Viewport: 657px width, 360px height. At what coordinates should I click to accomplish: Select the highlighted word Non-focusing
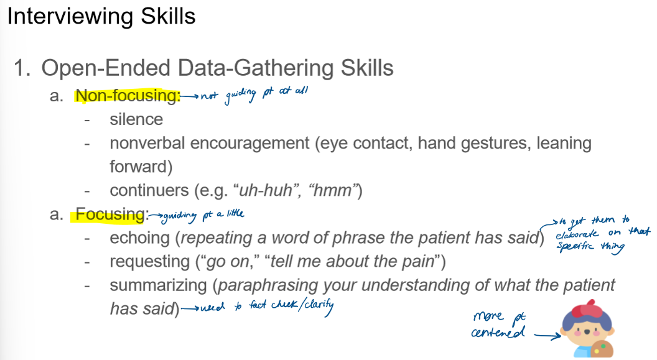tap(128, 96)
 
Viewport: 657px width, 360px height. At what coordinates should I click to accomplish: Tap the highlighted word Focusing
tap(110, 215)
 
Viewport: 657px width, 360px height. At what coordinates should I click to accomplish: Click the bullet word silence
tap(136, 119)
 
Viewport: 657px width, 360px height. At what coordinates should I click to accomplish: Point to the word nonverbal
tap(147, 144)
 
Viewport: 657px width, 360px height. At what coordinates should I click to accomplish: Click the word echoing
tap(139, 238)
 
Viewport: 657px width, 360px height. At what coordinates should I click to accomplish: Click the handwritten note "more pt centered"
tap(498, 325)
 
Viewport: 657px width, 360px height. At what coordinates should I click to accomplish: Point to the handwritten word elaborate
tap(576, 234)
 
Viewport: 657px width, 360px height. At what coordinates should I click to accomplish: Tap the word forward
tap(140, 167)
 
